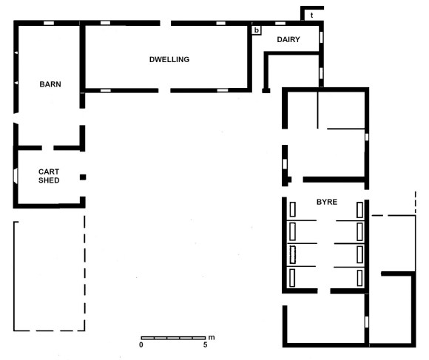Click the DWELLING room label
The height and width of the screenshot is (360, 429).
(169, 60)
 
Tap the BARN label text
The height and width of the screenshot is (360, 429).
(50, 84)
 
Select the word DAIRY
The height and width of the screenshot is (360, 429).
(288, 40)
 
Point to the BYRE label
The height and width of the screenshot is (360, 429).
(327, 202)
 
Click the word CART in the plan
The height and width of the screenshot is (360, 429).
(49, 171)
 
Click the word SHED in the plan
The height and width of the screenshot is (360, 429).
(49, 180)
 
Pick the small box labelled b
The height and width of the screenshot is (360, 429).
(257, 30)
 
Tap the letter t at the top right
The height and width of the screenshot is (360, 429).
(311, 16)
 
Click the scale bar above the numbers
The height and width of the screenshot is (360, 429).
(173, 338)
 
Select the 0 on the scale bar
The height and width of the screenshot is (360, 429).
(141, 344)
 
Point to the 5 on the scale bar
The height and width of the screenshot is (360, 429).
(205, 344)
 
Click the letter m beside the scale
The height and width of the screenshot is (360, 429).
(212, 338)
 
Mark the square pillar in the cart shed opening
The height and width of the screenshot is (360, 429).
(83, 177)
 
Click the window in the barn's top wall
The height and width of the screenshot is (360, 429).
(49, 23)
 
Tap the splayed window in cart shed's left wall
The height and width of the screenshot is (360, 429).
(16, 175)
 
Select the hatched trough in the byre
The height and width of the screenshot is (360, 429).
(293, 255)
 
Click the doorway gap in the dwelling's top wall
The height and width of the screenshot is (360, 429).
(166, 23)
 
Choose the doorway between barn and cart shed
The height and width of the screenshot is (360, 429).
(47, 148)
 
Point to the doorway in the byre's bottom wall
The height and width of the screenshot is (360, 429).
(324, 291)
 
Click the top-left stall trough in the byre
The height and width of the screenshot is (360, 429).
(293, 210)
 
